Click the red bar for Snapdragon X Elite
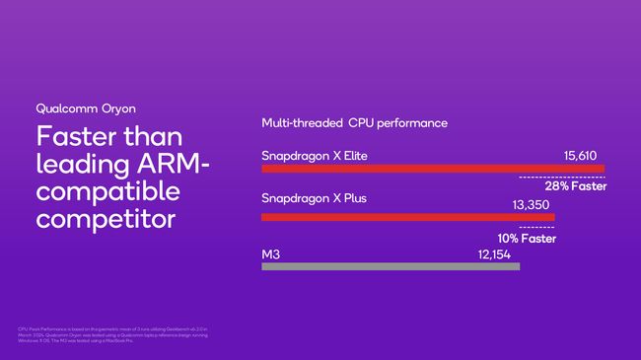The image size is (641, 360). point(432,169)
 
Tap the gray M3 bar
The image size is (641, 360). point(390,265)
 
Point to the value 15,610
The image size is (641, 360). point(583,155)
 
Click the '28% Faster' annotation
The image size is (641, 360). point(575,186)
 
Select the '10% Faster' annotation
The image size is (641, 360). point(526,238)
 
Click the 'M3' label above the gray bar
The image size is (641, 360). point(270,253)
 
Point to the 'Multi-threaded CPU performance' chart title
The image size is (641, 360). point(354,123)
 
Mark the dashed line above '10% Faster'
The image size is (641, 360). point(535,228)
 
